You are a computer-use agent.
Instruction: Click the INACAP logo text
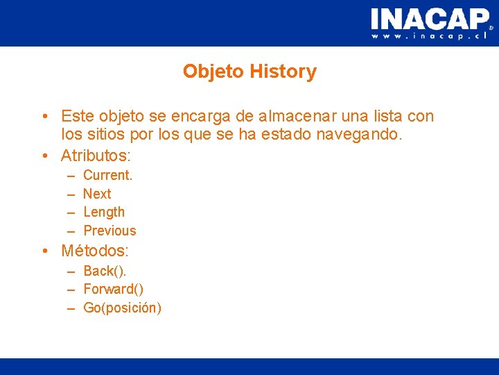tap(429, 18)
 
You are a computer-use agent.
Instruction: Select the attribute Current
tap(107, 175)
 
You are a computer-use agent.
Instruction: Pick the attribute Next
tap(97, 194)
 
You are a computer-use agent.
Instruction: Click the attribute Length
tap(104, 212)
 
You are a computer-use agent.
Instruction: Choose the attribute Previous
tap(110, 231)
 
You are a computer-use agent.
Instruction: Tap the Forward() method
tap(114, 289)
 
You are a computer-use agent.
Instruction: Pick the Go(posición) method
tap(122, 308)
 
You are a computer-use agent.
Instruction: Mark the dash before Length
tap(71, 212)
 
